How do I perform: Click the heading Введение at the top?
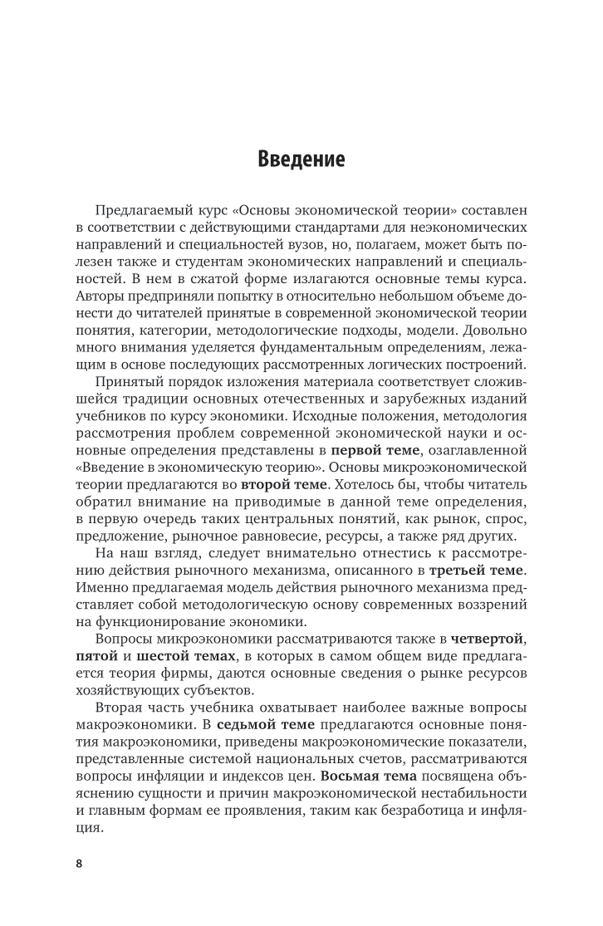(301, 158)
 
